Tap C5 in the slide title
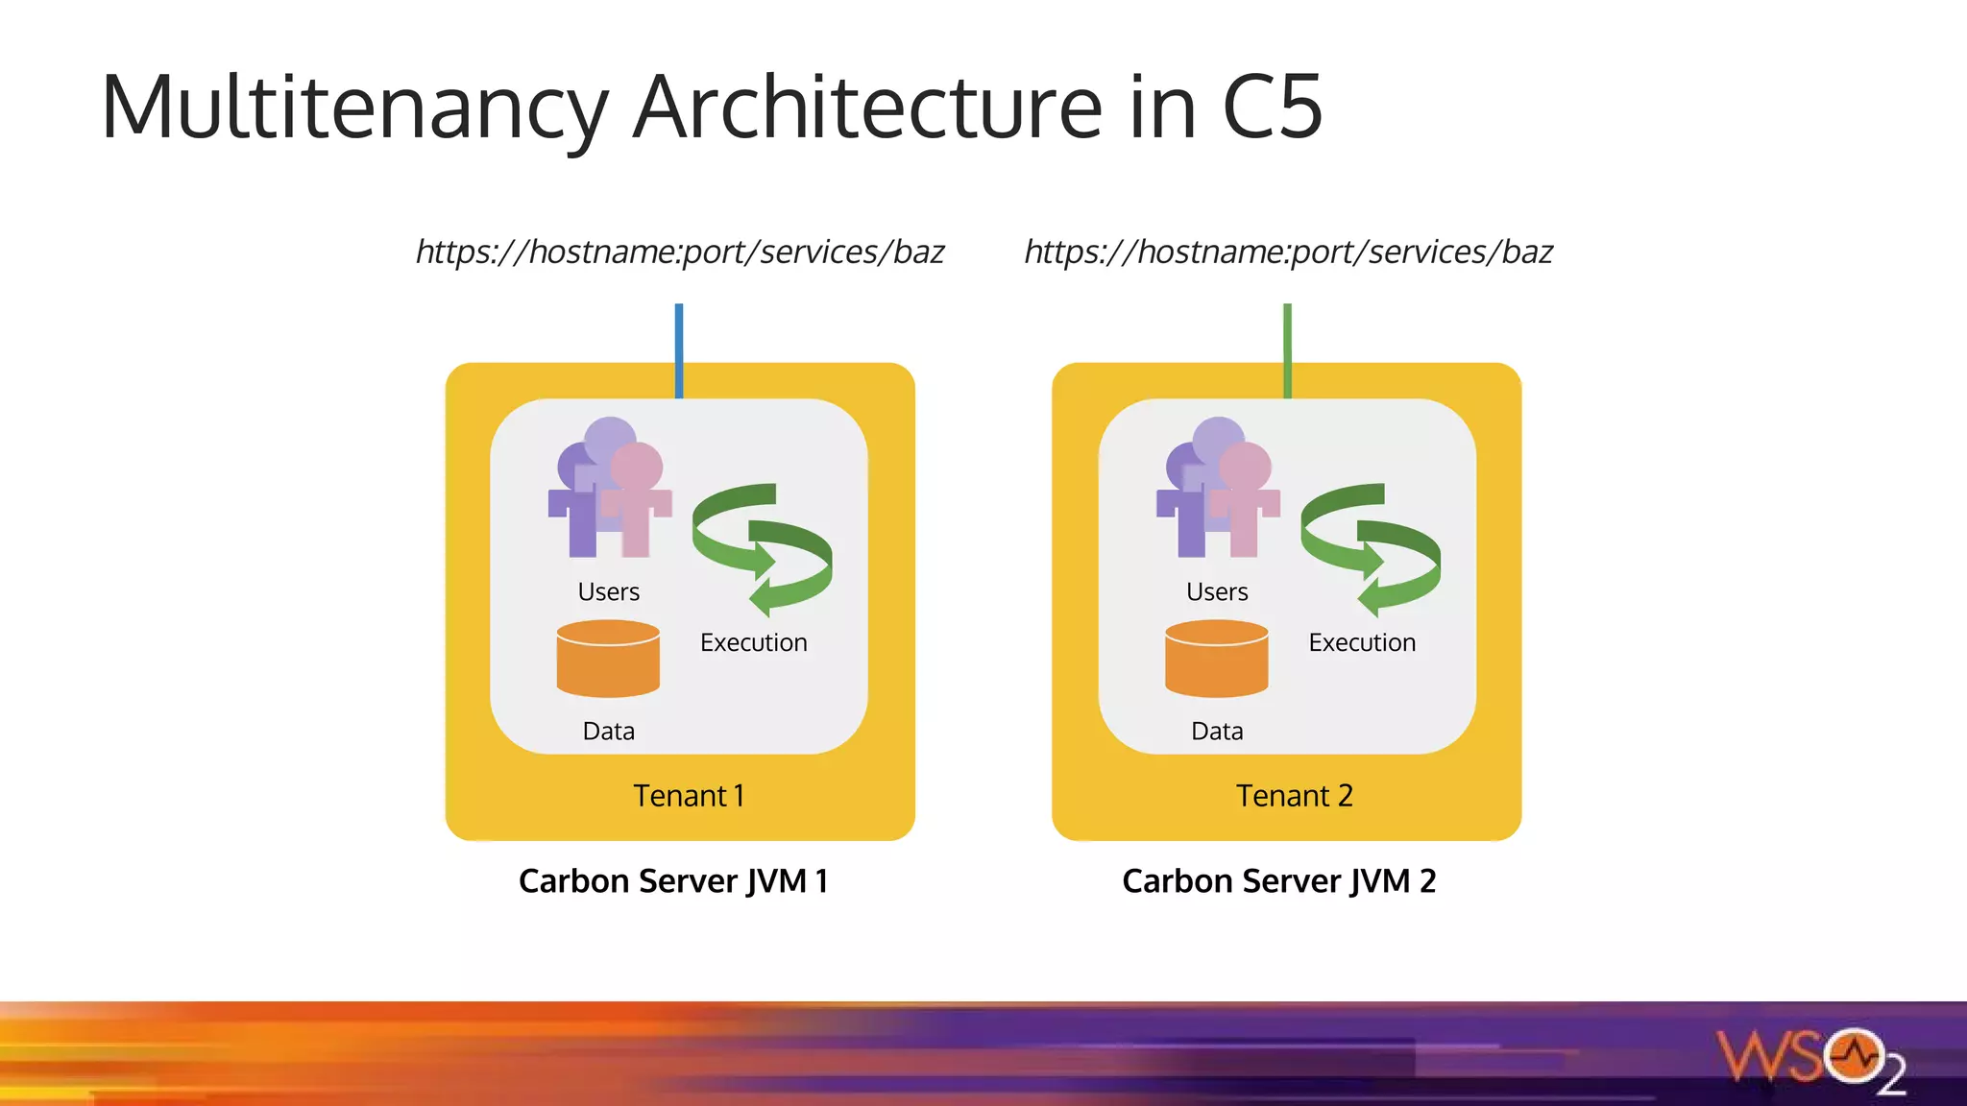(1272, 108)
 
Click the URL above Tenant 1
(680, 252)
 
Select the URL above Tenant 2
(1288, 252)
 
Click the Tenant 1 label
(689, 796)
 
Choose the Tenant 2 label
(1294, 796)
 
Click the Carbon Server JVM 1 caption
(673, 880)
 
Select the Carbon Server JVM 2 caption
(1278, 880)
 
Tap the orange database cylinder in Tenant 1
(608, 661)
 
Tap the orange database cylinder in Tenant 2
(1216, 661)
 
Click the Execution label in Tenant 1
(753, 642)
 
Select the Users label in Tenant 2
(1217, 591)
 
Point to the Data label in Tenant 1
(608, 732)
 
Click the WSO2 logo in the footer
(1811, 1059)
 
